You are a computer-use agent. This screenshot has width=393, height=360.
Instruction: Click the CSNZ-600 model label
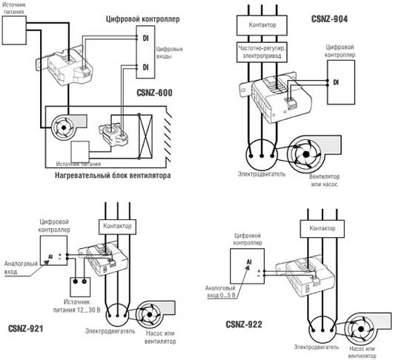(x=154, y=93)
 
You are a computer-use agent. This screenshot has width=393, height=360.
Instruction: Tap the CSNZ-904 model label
(x=329, y=19)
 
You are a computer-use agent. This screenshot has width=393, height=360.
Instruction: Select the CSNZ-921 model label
(x=25, y=328)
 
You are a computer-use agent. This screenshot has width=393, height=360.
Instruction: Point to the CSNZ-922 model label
(x=244, y=324)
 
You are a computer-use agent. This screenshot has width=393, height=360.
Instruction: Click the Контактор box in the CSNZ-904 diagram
(x=262, y=25)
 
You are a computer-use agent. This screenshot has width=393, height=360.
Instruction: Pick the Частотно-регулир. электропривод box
(x=262, y=52)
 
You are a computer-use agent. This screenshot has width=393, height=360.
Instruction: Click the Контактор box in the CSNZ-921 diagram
(x=117, y=227)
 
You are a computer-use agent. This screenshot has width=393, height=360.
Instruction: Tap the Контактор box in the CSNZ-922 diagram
(x=322, y=229)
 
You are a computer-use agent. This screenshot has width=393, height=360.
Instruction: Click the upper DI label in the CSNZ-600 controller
(x=145, y=38)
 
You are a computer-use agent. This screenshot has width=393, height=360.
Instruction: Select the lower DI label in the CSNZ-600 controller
(x=145, y=67)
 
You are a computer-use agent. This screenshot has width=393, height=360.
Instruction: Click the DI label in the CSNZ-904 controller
(x=336, y=82)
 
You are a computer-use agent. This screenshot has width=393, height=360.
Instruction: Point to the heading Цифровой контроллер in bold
(x=142, y=19)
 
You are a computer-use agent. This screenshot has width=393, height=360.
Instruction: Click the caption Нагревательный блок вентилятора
(x=113, y=176)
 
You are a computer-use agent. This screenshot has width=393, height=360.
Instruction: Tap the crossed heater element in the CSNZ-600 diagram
(x=145, y=136)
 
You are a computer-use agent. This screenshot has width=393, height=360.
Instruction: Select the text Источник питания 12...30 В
(x=76, y=306)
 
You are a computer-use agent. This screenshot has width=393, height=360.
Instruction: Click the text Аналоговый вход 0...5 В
(x=220, y=292)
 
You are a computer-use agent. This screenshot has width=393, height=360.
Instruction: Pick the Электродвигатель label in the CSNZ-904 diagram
(x=262, y=174)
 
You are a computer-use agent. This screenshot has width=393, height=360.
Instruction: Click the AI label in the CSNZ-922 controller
(x=249, y=262)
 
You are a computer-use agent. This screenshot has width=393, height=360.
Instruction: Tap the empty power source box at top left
(x=14, y=30)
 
